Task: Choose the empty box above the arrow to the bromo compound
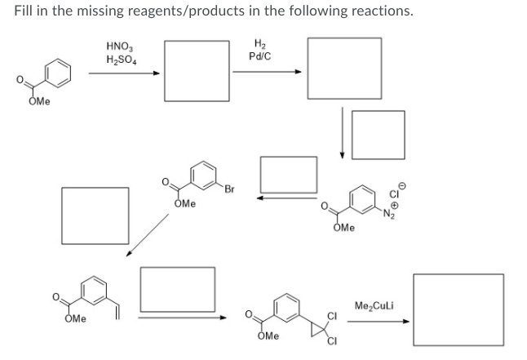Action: (288, 173)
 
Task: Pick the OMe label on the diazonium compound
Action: (343, 228)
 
